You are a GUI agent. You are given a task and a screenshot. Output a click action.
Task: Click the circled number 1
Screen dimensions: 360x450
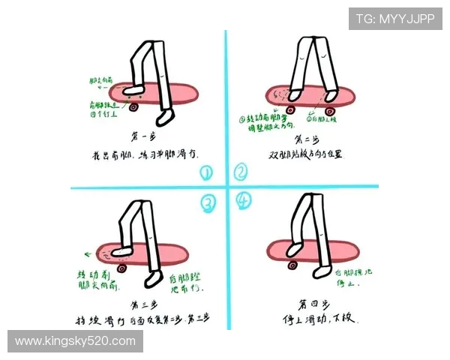[206, 173]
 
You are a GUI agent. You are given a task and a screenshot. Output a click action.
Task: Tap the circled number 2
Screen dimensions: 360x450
[240, 172]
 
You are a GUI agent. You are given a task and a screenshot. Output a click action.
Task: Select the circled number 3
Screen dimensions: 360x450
[208, 202]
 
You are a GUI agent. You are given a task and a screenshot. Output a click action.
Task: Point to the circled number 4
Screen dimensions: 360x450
[243, 201]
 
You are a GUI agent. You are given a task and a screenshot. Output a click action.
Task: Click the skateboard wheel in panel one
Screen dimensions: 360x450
[133, 106]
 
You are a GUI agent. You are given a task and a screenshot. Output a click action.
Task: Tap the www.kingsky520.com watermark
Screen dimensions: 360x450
[75, 341]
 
